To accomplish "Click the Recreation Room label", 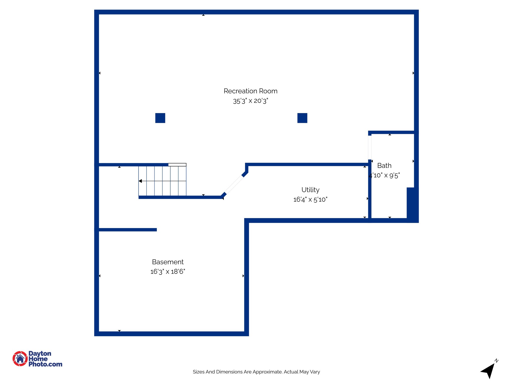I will coord(250,91).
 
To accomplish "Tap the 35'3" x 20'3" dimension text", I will coord(250,101).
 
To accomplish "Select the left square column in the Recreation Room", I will coord(160,118).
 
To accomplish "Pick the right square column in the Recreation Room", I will coord(302,118).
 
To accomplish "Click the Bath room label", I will coord(384,166).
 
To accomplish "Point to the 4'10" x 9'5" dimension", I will coord(384,175).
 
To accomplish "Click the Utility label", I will coord(310,190).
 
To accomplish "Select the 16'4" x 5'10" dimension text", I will coord(310,200).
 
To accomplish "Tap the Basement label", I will coord(168,262).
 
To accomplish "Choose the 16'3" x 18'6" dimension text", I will coord(168,271).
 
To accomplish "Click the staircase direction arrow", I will coord(141,181).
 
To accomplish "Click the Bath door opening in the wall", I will coord(370,147).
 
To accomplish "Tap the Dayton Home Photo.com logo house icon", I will coord(20,359).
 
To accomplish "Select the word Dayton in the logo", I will coord(40,354).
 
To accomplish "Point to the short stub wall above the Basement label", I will coord(128,230).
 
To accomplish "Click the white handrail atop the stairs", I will coord(177,165).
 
